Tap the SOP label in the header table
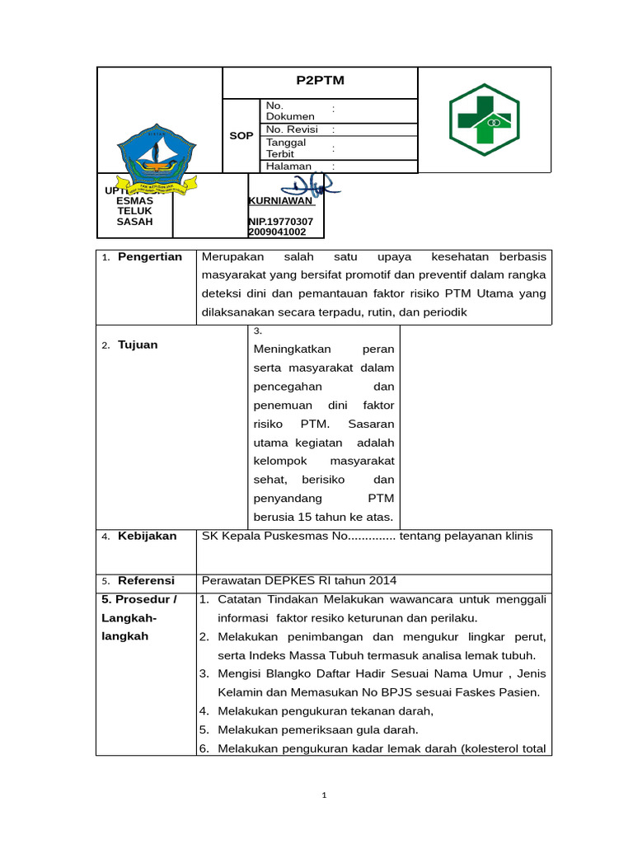241,135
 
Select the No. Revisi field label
292,129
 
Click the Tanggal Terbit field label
286,148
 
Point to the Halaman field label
288,166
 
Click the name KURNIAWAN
280,200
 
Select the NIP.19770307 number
281,222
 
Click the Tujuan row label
138,345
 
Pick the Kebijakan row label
147,536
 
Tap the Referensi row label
146,581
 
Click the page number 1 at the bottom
325,795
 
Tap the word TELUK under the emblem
134,211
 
